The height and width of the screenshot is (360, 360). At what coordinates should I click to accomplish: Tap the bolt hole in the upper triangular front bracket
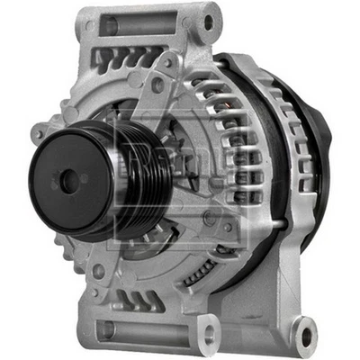(x=167, y=63)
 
